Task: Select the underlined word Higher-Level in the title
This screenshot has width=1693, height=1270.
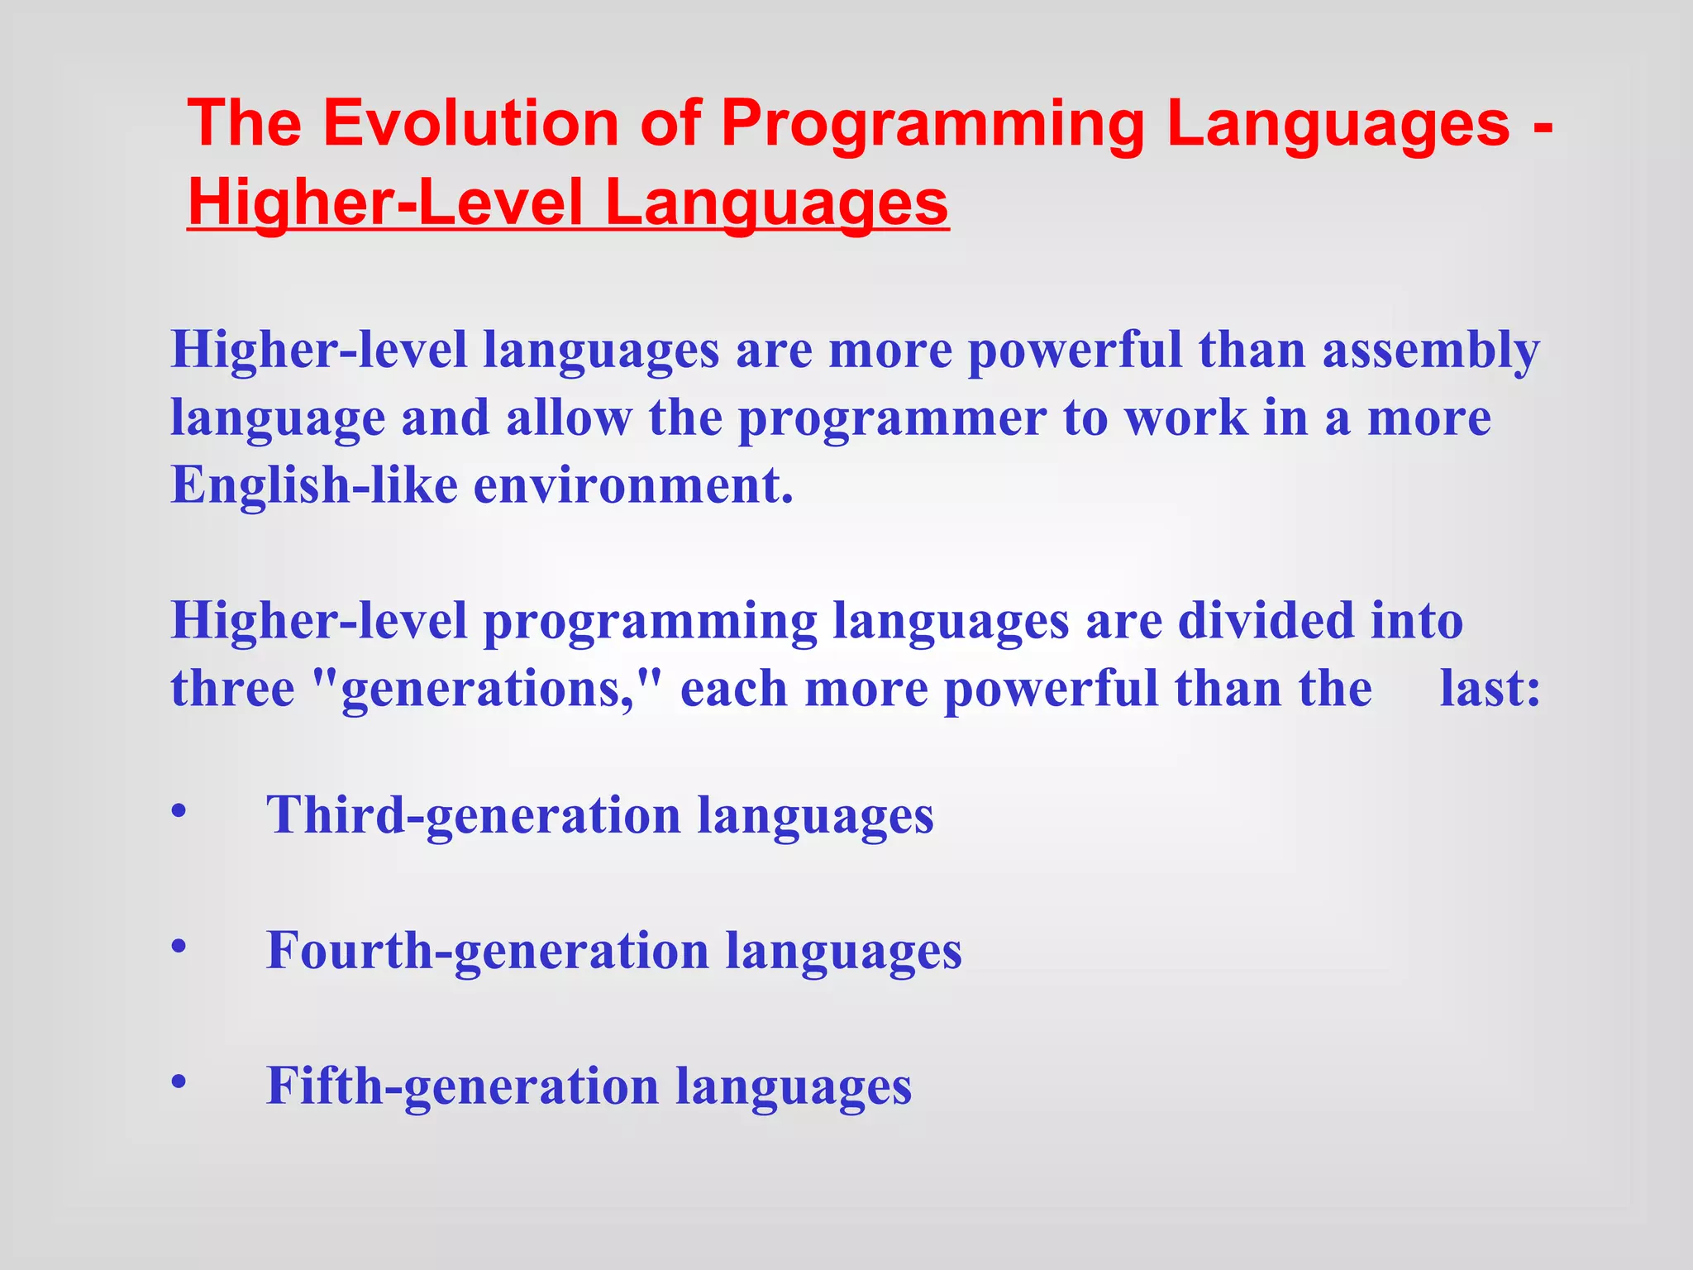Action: (x=386, y=203)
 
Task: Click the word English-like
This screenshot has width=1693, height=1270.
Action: (x=313, y=485)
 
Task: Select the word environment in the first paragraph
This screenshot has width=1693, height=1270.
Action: (x=632, y=485)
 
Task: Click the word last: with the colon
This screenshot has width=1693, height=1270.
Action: (x=1490, y=689)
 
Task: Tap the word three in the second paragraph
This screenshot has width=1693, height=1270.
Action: (x=232, y=689)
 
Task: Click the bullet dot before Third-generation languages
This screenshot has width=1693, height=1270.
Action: (x=179, y=810)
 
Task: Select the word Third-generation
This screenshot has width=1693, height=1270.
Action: (x=473, y=816)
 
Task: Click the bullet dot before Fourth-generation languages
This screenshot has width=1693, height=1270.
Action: (x=179, y=946)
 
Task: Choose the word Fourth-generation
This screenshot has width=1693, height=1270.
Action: (x=487, y=952)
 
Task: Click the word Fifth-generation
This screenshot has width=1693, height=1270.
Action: (x=462, y=1086)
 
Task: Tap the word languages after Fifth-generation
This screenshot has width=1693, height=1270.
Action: (x=793, y=1088)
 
